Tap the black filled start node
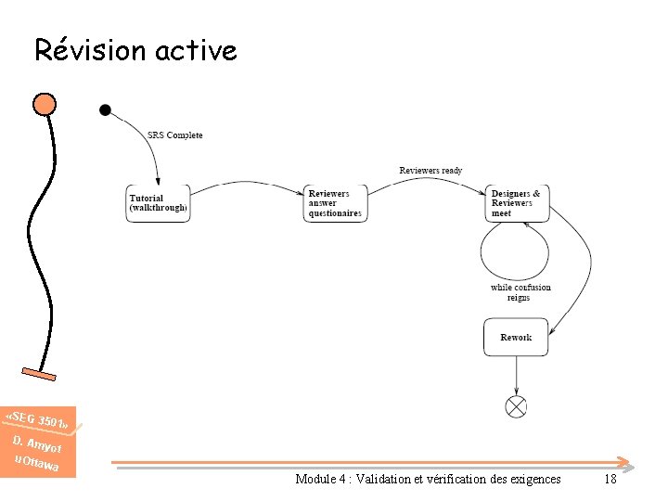(x=105, y=110)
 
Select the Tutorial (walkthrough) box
(x=158, y=203)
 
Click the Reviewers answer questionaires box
(x=335, y=203)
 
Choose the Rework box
(x=516, y=338)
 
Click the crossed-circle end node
(x=516, y=406)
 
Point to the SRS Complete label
(x=174, y=135)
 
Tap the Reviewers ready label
(x=430, y=171)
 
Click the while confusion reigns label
(x=520, y=292)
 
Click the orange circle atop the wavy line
(x=44, y=103)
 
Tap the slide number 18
(x=610, y=480)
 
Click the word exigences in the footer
(x=534, y=480)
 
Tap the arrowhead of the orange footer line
(x=627, y=462)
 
